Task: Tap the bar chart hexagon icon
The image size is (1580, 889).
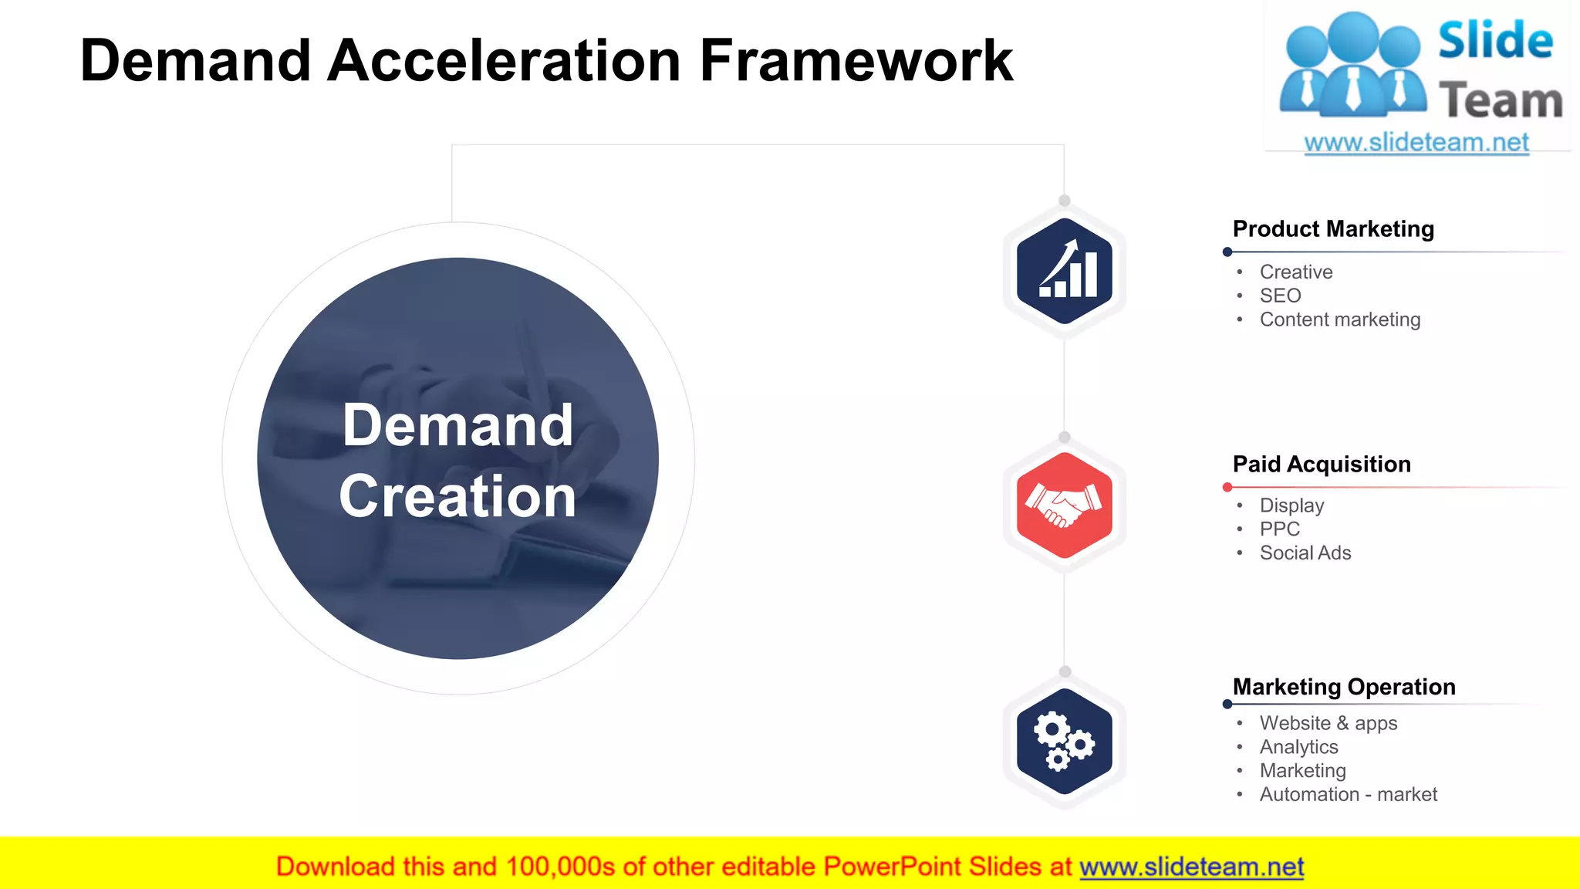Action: click(x=1064, y=270)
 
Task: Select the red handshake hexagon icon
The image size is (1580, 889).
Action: click(x=1064, y=505)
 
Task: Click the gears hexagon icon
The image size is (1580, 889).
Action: click(x=1064, y=741)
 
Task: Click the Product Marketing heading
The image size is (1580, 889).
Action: click(x=1333, y=229)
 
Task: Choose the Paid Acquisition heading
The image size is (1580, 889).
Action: click(x=1322, y=464)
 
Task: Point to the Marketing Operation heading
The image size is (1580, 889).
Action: click(x=1344, y=687)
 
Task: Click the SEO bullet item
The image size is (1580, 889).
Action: click(x=1280, y=296)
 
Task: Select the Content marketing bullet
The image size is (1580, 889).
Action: click(x=1339, y=319)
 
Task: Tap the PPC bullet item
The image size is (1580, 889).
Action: click(x=1279, y=529)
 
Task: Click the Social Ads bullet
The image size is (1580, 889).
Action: click(x=1305, y=553)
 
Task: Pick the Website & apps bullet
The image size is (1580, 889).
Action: click(x=1328, y=723)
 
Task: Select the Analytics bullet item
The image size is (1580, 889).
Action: click(x=1298, y=747)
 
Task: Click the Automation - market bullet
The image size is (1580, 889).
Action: click(x=1348, y=795)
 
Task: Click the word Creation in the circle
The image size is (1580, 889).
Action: click(x=457, y=496)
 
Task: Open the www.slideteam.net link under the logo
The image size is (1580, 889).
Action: click(x=1416, y=143)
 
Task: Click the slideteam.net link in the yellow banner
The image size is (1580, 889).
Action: click(x=1191, y=867)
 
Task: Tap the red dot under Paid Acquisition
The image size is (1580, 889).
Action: click(x=1227, y=487)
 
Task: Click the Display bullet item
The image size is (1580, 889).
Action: click(x=1291, y=505)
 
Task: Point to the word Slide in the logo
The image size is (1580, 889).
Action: click(x=1495, y=40)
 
